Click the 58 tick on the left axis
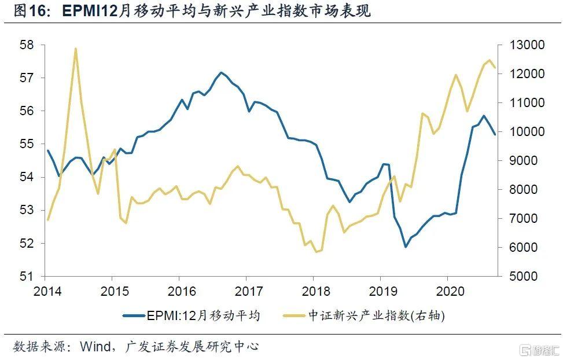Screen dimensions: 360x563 point(27,45)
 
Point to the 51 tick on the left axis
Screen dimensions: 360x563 point(27,277)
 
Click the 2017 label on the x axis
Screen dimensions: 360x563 point(246,289)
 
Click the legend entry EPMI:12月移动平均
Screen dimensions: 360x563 point(203,315)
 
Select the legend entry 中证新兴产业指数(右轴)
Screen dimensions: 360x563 point(376,315)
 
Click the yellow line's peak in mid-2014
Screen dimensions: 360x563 point(75,49)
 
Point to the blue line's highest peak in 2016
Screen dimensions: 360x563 point(221,73)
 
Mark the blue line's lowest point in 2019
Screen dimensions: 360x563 point(406,247)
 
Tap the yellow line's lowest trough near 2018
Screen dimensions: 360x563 point(316,252)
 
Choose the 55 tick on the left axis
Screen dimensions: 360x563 point(27,144)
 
